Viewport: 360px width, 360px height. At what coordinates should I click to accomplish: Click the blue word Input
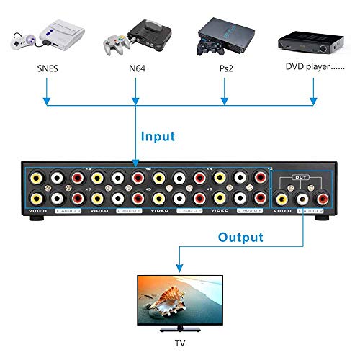pos(158,135)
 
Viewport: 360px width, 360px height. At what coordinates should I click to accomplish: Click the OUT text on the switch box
pos(302,176)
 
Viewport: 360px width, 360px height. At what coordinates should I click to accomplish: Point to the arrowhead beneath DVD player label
pos(314,98)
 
